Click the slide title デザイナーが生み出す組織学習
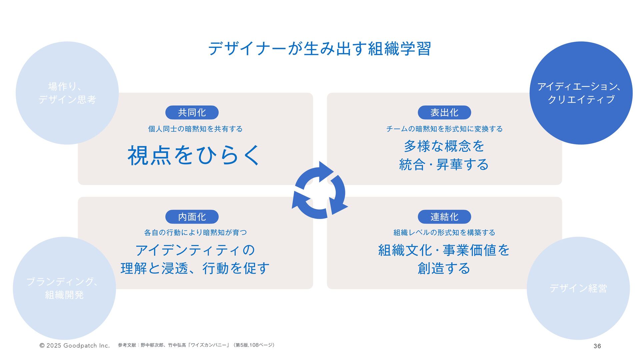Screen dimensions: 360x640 (319, 49)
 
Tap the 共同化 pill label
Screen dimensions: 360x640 (192, 113)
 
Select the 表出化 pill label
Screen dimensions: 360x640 (444, 113)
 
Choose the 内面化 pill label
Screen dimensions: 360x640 (192, 217)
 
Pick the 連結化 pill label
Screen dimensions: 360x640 (444, 217)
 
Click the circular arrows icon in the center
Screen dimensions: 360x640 (320, 190)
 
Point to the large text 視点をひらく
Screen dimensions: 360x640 (193, 155)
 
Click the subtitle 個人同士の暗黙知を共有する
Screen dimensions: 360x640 (195, 129)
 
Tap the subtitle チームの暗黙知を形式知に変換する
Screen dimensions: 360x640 (444, 129)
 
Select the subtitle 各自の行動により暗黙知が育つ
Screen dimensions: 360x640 (195, 233)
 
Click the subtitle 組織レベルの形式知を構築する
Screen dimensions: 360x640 (444, 233)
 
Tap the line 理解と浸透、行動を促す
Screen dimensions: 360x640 (195, 268)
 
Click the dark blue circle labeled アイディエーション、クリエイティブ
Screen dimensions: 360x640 (581, 93)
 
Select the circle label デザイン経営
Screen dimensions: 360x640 (578, 288)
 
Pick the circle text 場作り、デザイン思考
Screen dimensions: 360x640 (67, 93)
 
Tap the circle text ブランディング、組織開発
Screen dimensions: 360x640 (64, 288)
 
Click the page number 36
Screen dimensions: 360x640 (597, 346)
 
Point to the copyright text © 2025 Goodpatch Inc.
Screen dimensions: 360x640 (75, 346)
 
